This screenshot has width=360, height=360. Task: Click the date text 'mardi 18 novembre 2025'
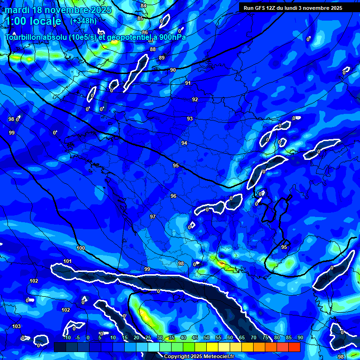58,10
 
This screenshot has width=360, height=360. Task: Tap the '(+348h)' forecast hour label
83,21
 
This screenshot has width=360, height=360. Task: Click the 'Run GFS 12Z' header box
292,8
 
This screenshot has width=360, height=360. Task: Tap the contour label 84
143,6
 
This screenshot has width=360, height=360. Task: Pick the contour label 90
173,70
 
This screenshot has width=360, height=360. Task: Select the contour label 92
195,99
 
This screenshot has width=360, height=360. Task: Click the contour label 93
190,119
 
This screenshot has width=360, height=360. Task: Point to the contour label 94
184,143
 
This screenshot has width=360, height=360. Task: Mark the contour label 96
173,196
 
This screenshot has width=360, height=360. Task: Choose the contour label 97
153,217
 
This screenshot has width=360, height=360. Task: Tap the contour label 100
81,248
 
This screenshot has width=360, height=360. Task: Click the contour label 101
67,261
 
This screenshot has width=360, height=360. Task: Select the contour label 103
16,326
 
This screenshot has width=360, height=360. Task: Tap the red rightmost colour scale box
294,347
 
